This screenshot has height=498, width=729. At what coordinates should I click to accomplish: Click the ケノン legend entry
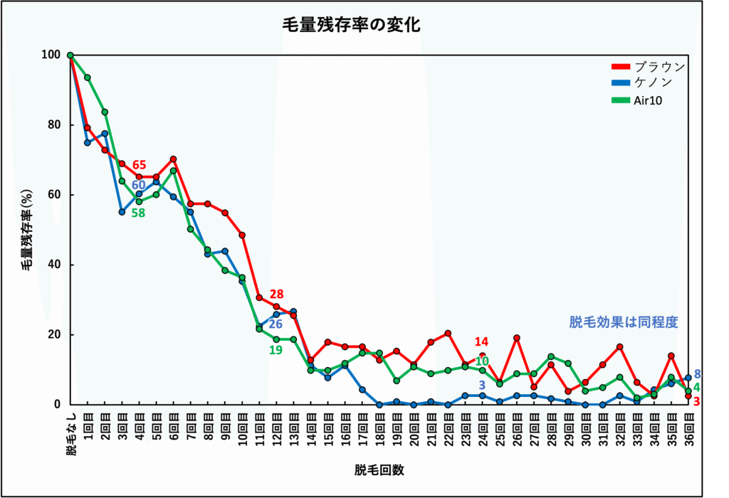pos(653,83)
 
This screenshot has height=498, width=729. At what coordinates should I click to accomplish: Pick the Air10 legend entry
pos(647,100)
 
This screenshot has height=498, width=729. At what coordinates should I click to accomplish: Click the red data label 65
pos(139,166)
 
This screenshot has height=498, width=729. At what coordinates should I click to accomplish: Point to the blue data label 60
pos(138,185)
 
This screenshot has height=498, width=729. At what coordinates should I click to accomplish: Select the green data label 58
pos(138,212)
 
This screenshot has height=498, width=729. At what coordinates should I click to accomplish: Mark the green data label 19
pos(276,350)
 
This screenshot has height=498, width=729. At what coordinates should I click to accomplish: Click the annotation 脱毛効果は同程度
pos(623,322)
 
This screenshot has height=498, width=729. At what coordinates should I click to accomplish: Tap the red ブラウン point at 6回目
pos(173,159)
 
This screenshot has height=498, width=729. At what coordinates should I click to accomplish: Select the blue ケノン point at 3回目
pos(122,211)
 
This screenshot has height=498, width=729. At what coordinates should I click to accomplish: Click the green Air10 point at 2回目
pos(105,112)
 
